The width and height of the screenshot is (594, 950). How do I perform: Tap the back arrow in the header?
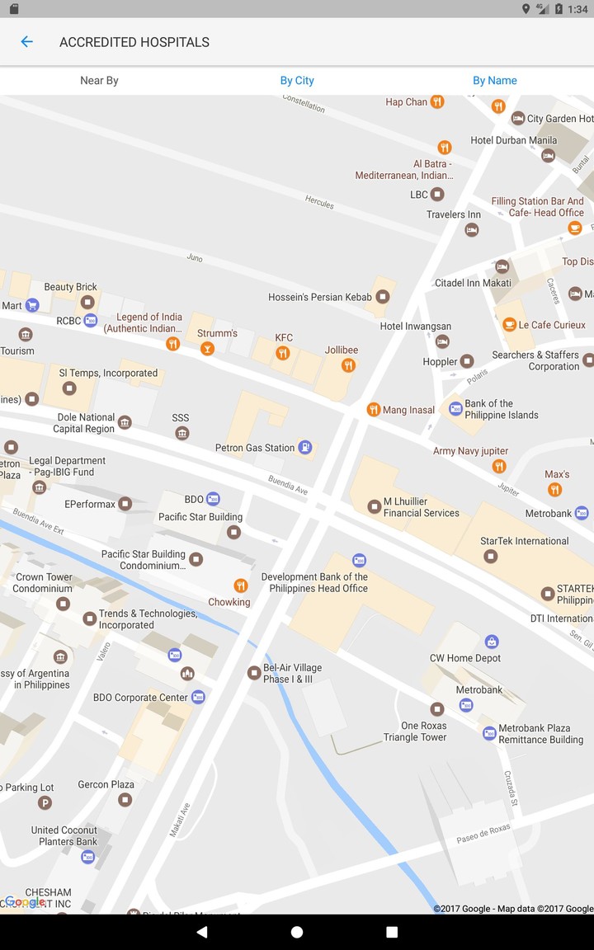(26, 42)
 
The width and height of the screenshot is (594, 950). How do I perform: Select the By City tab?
(297, 81)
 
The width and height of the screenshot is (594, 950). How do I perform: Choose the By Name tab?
(495, 81)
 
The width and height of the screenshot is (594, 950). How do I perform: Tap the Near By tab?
(99, 81)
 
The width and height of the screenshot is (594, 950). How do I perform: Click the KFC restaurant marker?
(283, 353)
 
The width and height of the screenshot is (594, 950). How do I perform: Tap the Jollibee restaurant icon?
(348, 365)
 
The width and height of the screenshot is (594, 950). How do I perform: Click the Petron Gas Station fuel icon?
(305, 448)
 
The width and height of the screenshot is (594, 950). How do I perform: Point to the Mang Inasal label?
(408, 410)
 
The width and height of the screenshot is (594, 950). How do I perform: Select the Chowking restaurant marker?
(241, 586)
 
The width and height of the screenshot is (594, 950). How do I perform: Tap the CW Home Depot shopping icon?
(492, 642)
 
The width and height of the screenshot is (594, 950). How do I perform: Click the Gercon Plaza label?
(106, 784)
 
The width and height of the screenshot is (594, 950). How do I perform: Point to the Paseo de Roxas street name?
(483, 834)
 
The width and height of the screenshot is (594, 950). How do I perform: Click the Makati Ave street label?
(180, 820)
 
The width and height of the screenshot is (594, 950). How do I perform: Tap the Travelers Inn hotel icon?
(472, 230)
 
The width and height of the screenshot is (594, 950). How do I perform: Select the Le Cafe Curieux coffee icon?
(510, 325)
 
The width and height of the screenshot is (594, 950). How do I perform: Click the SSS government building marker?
(182, 433)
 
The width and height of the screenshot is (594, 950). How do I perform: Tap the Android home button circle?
(297, 932)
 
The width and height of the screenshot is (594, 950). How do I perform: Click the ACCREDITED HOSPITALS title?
(134, 42)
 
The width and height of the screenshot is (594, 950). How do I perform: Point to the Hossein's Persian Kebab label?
(320, 297)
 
